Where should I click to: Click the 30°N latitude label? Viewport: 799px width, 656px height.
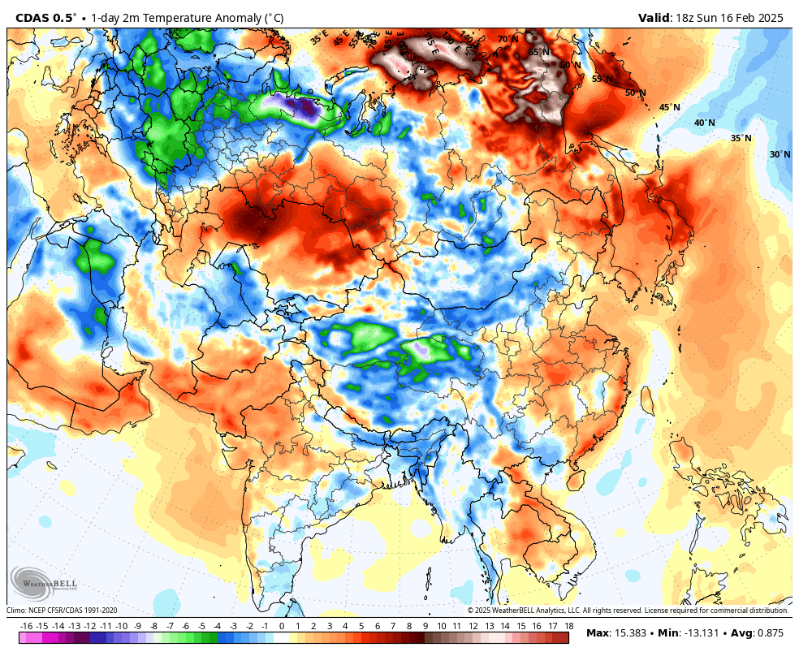pos(780,154)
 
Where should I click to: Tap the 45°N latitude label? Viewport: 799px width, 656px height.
pos(669,107)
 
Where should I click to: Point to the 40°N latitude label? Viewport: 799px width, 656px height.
pos(705,123)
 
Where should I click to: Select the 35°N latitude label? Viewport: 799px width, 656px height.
pos(741,138)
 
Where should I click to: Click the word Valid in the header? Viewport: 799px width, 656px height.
pos(654,18)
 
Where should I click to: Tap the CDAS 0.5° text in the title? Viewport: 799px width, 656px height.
pos(43,18)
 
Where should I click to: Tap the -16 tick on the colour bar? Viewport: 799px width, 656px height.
pos(26,626)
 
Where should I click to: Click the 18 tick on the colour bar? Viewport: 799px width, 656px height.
pos(569,626)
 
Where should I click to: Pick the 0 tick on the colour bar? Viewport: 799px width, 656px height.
pos(282,626)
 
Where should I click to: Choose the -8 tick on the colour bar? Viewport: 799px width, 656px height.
pos(153,626)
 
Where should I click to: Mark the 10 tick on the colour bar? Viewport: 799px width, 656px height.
pos(442,626)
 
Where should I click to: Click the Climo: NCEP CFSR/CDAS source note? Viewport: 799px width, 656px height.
pos(63,611)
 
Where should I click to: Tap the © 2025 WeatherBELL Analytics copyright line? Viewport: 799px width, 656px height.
pos(628,611)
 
